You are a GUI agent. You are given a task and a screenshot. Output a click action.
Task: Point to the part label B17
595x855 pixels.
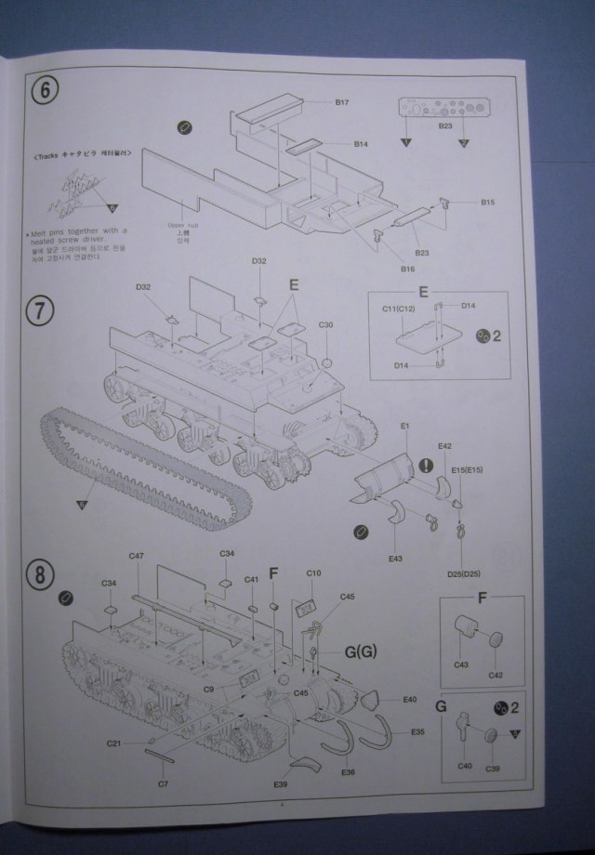pyautogui.click(x=341, y=102)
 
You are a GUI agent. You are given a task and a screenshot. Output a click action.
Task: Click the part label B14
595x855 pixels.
pyautogui.click(x=362, y=144)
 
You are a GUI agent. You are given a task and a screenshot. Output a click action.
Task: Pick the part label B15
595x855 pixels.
pyautogui.click(x=488, y=202)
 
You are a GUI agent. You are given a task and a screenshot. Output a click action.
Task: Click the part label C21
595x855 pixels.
pyautogui.click(x=113, y=743)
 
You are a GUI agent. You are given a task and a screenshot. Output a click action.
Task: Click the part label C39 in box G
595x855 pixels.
pyautogui.click(x=494, y=767)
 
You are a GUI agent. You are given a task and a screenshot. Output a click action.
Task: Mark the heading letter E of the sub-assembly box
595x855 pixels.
pyautogui.click(x=423, y=292)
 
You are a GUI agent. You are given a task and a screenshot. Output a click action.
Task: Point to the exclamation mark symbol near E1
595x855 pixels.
pyautogui.click(x=426, y=465)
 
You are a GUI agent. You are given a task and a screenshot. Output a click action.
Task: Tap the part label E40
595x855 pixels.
pyautogui.click(x=410, y=699)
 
